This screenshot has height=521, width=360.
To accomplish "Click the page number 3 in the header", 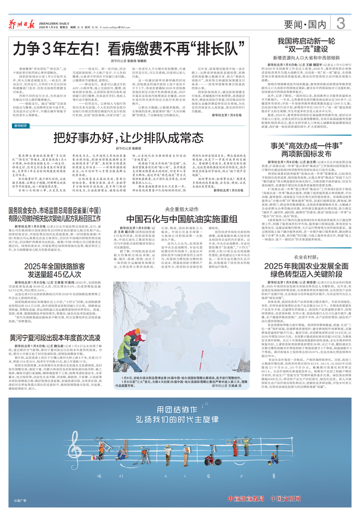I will tap(341, 22).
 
